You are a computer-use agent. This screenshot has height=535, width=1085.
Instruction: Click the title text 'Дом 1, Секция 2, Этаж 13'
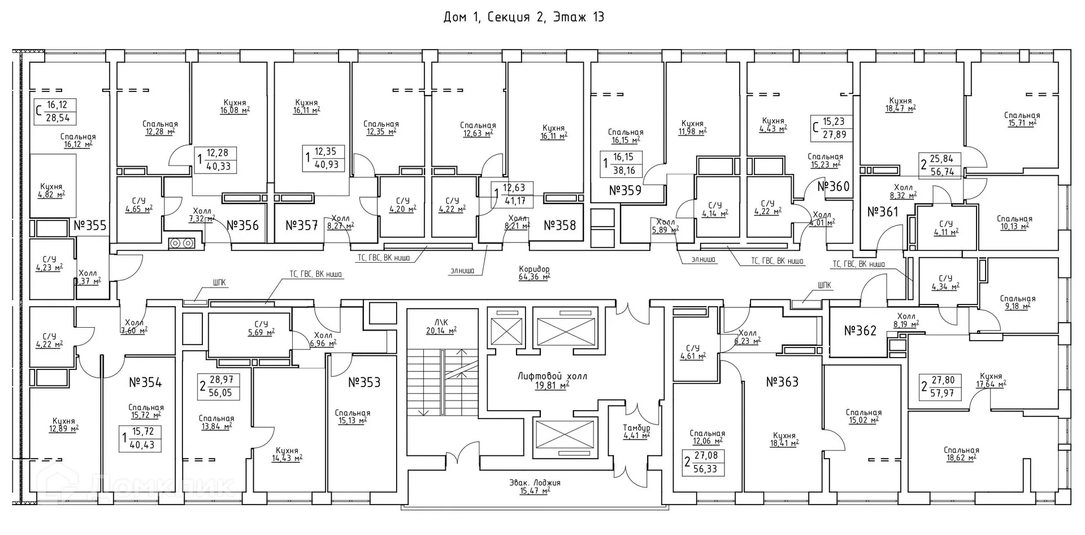click(x=524, y=18)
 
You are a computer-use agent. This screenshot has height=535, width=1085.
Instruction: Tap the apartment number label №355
click(x=90, y=226)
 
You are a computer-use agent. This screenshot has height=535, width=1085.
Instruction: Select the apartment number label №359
click(x=625, y=190)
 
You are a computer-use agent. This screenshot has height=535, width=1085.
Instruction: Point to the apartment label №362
click(x=860, y=330)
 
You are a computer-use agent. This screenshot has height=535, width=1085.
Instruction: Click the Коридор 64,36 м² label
click(x=534, y=273)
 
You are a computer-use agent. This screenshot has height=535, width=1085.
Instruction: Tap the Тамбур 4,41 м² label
click(x=636, y=432)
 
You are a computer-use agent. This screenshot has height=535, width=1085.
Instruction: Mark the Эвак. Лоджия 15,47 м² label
click(x=534, y=487)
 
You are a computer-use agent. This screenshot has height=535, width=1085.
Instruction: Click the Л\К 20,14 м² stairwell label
click(x=441, y=327)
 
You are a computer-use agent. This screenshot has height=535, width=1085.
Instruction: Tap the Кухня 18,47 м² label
click(x=900, y=105)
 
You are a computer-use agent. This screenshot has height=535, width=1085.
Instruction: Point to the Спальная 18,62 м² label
click(x=961, y=454)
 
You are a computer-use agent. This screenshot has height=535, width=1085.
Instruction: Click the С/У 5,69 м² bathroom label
click(x=261, y=328)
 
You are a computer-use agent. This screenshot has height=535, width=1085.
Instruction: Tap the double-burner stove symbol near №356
click(x=181, y=243)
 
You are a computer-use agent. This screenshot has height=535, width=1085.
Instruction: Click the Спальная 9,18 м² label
click(x=1017, y=302)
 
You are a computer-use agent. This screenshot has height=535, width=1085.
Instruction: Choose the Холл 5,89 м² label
click(x=665, y=225)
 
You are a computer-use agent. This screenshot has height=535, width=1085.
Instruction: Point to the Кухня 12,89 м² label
click(x=63, y=425)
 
